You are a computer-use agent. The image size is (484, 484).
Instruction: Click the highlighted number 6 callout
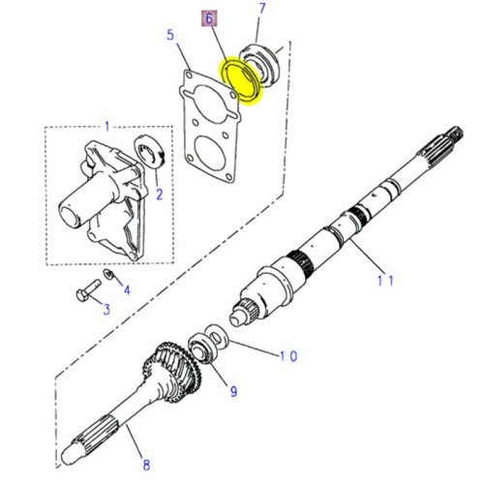click(x=207, y=18)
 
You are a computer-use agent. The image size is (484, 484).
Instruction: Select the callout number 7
click(x=261, y=11)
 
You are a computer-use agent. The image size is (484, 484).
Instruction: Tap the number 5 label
click(x=170, y=37)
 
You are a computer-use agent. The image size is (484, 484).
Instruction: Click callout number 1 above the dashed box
click(x=107, y=126)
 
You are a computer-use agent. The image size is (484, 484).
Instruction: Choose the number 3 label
click(x=107, y=309)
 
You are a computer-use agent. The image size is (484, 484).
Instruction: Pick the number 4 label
click(x=127, y=289)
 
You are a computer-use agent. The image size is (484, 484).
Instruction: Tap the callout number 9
click(x=232, y=391)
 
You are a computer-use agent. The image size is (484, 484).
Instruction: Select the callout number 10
click(x=288, y=356)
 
